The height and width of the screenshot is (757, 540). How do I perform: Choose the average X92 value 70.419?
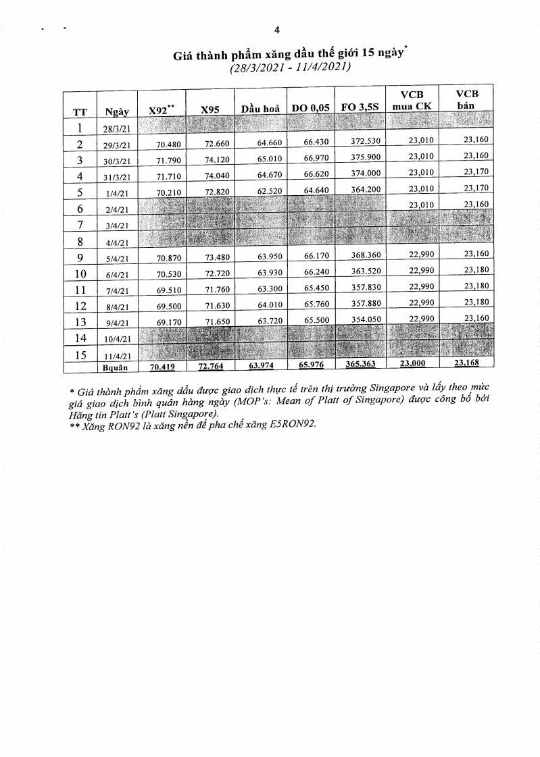point(162,367)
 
